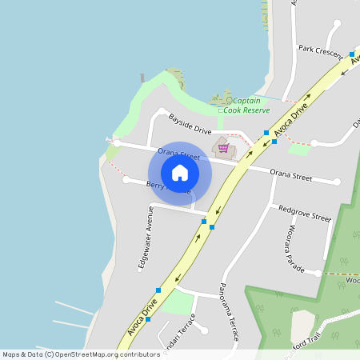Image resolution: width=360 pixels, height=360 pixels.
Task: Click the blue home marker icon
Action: [179, 173]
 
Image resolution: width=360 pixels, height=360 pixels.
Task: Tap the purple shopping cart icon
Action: [223, 147]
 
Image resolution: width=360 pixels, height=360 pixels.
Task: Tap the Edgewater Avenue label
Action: [145, 238]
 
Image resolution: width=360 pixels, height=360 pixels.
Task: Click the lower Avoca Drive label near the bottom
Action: [142, 318]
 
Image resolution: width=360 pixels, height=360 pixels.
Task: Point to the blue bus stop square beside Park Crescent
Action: [351, 54]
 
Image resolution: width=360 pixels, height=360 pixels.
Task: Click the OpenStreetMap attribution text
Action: [81, 354]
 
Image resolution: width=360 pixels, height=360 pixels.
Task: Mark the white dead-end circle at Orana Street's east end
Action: [337, 182]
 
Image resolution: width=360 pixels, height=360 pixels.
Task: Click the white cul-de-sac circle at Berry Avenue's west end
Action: [126, 179]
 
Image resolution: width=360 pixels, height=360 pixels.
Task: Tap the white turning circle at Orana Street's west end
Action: [117, 142]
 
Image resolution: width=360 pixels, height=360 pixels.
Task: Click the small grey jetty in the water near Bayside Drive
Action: [142, 78]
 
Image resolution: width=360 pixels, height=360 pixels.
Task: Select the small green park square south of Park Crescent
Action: [299, 150]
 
